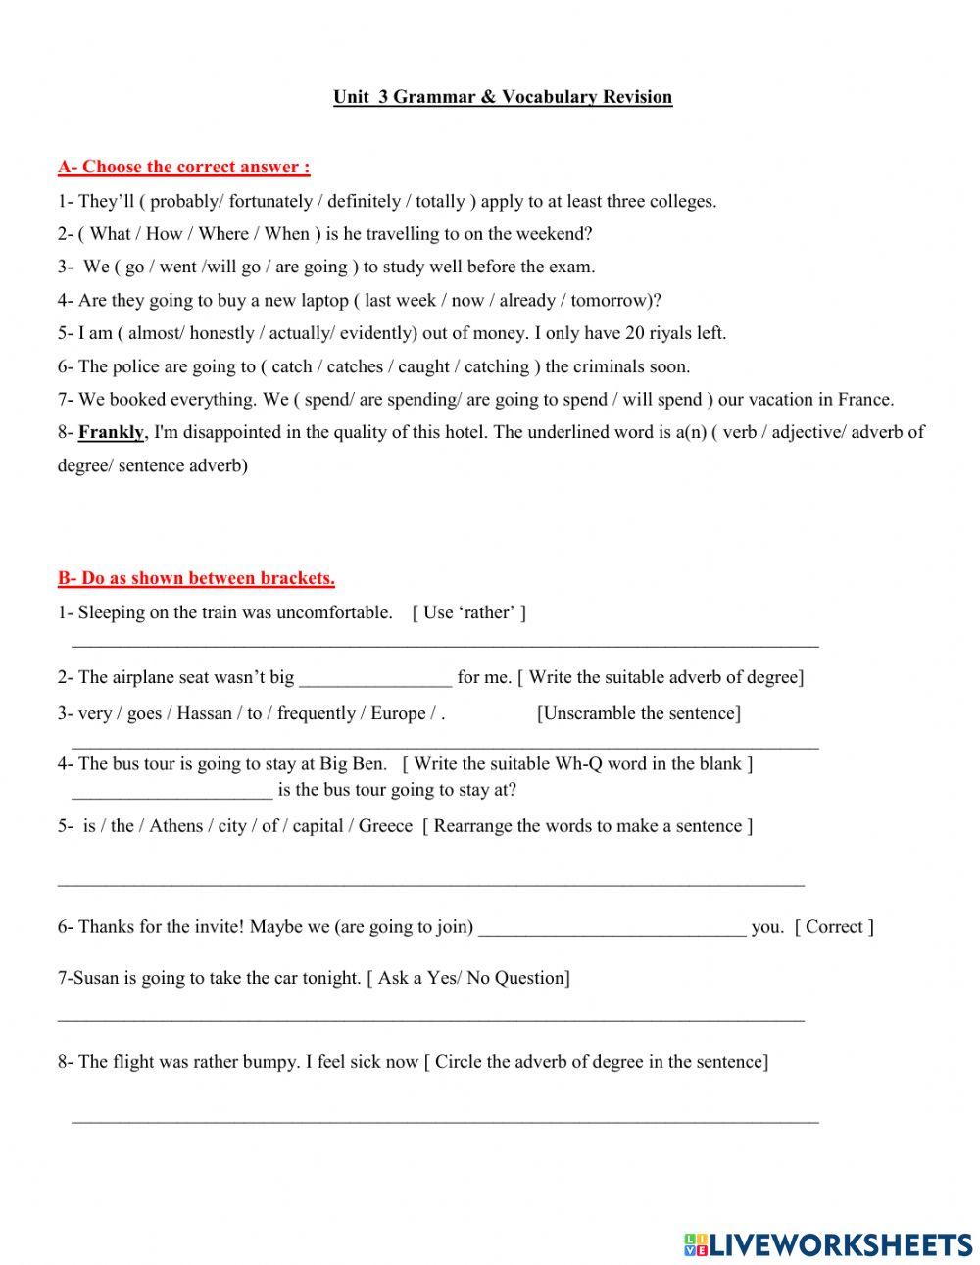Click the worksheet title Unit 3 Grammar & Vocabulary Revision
(503, 97)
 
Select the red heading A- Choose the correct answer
(184, 167)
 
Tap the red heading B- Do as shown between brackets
(196, 578)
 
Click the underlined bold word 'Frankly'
(112, 432)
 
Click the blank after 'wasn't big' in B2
(375, 678)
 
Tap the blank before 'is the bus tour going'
(172, 791)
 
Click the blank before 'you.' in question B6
(612, 928)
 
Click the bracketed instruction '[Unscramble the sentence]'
(639, 714)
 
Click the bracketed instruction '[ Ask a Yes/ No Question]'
(468, 978)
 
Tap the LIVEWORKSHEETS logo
(828, 1244)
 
